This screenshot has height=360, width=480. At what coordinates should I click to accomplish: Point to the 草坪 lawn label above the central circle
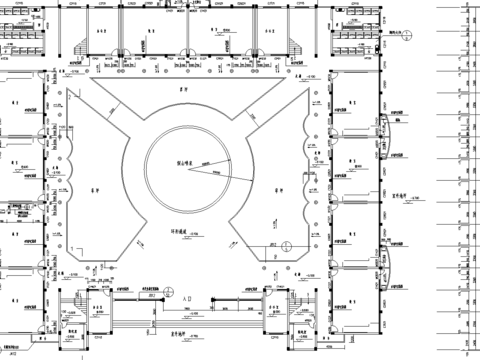(182, 88)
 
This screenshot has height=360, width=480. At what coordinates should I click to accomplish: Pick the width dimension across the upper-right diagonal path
(252, 120)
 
